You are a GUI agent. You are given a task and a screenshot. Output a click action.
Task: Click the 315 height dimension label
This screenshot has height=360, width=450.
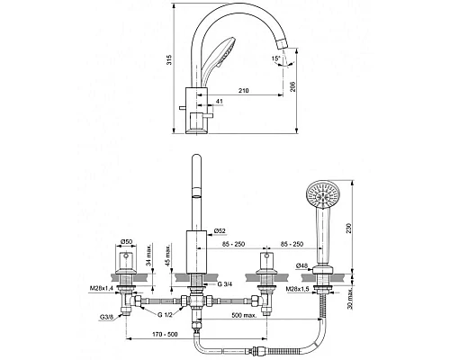tap(169, 59)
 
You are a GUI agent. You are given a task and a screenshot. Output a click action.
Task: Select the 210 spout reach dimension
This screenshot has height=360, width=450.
tap(244, 90)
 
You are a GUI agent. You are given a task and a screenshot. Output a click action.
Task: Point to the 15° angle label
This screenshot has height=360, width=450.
tap(276, 58)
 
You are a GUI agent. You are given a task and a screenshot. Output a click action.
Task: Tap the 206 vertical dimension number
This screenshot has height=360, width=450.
tap(293, 86)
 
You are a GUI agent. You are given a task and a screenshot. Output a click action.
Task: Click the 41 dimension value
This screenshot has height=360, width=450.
tap(220, 102)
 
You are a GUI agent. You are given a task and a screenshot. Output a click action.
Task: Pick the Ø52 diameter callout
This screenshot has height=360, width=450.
tap(220, 230)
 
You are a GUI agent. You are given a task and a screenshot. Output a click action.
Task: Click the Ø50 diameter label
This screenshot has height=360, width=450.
tap(126, 241)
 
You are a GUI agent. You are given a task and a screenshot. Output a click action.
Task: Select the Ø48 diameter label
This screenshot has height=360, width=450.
tap(301, 265)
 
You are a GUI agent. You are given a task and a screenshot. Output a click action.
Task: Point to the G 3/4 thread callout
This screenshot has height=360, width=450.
tap(225, 284)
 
